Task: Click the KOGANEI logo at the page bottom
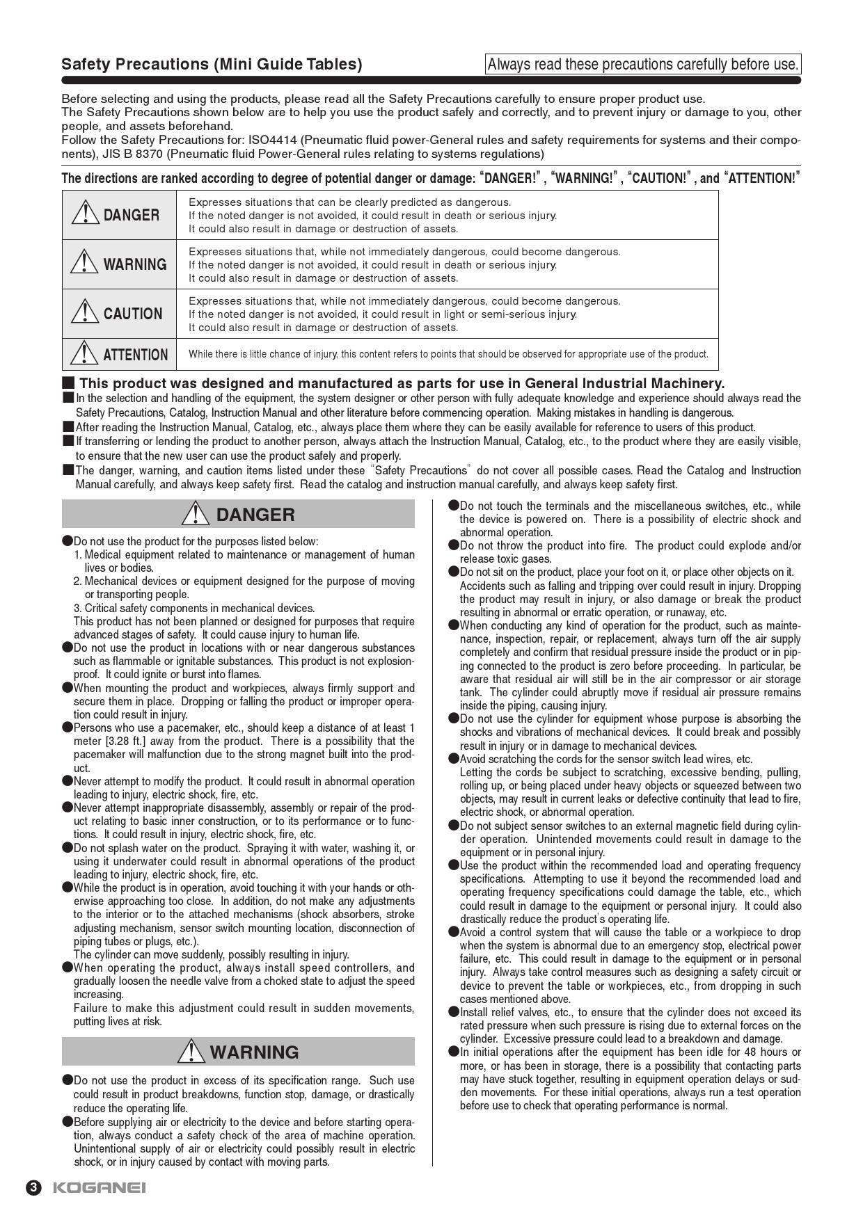[x=99, y=1188]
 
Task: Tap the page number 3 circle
[x=33, y=1188]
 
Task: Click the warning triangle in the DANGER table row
[x=85, y=212]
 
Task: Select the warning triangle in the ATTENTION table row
[x=85, y=353]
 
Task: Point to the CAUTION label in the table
[x=133, y=314]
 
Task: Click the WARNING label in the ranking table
[x=135, y=264]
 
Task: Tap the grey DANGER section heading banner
[x=238, y=515]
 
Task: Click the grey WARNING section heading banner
[x=238, y=1052]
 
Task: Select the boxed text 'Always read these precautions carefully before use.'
[x=643, y=65]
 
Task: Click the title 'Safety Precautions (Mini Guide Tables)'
[x=212, y=65]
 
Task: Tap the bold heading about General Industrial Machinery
[x=402, y=383]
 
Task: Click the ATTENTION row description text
[x=448, y=354]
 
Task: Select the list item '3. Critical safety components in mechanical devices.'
[x=194, y=608]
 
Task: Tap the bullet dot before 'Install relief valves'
[x=454, y=1011]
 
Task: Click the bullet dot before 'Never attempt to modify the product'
[x=68, y=780]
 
